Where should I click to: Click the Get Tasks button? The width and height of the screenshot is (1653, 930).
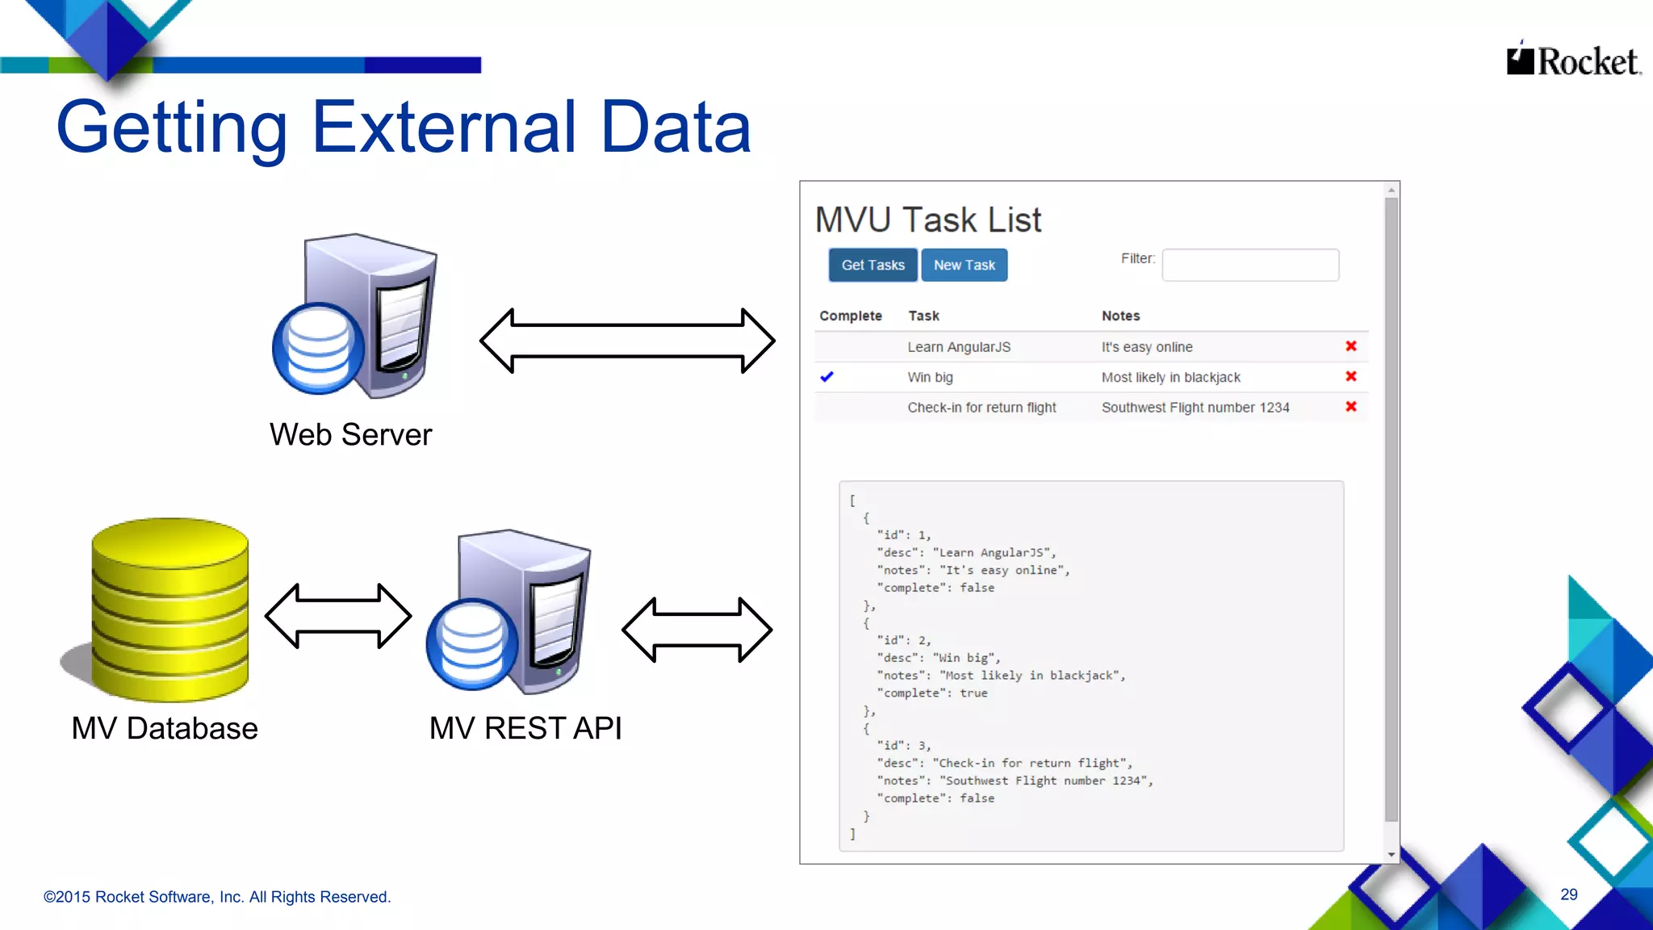coord(873,265)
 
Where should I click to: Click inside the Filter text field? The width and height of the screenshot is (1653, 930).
coord(1249,265)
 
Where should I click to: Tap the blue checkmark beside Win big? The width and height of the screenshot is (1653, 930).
coord(826,377)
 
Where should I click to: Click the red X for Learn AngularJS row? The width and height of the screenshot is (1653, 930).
coord(1350,346)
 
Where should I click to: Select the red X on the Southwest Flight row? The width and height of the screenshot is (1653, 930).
coord(1350,407)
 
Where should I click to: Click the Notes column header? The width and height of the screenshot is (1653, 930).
coord(1120,316)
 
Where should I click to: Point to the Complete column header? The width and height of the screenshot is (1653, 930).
coord(850,316)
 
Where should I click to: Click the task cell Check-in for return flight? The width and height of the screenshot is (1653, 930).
coord(981,408)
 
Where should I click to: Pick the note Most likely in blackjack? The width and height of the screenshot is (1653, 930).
coord(1170,377)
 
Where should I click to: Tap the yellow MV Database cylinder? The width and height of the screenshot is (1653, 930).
coord(169,610)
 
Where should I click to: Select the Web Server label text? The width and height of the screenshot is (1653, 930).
coord(350,434)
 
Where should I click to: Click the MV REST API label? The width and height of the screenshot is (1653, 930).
coord(525,728)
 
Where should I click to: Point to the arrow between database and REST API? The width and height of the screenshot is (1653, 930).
coord(338,616)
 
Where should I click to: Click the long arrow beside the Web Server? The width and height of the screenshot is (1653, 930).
coord(627,341)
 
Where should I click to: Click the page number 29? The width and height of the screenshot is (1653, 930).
coord(1568,894)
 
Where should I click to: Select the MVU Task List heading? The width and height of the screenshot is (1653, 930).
coord(927,220)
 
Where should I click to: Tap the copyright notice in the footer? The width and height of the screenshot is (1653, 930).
coord(216,897)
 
